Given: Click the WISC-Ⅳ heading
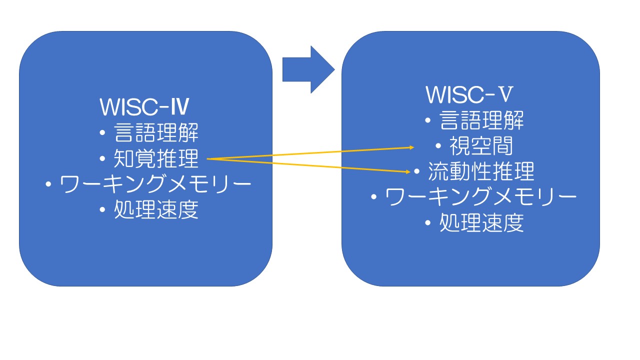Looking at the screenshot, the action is [144, 107].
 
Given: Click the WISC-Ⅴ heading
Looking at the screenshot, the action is [469, 94].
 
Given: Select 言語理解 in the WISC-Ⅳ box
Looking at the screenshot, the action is [156, 132].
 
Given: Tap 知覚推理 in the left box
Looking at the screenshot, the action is [156, 158].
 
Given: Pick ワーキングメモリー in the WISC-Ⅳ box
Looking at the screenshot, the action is [155, 184].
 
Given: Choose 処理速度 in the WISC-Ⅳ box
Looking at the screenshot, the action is [156, 209].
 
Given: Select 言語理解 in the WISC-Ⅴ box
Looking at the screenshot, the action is [481, 120].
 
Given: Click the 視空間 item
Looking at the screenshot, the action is [481, 145].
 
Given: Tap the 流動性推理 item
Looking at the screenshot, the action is [481, 171].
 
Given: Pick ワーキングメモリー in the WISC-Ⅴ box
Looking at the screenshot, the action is [481, 197].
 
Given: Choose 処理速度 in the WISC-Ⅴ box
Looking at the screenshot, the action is [481, 222].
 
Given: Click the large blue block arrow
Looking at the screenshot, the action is [308, 69].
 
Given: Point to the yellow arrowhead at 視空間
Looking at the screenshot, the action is [412, 147].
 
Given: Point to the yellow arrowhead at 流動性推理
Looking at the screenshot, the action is [408, 171].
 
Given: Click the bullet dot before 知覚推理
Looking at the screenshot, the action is [102, 158].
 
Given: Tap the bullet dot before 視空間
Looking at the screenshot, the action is [438, 146].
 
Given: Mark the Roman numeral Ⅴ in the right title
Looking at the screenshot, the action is [505, 94].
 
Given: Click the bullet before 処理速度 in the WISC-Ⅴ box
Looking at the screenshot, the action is [427, 222].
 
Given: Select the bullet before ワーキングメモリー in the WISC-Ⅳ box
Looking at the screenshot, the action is [48, 184].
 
